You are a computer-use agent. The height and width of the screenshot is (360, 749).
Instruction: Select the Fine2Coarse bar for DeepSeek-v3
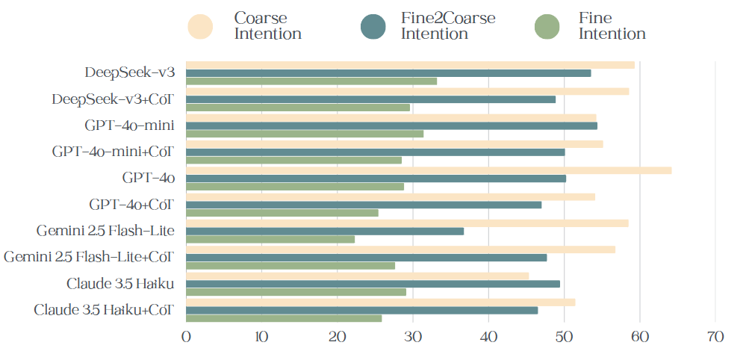388,73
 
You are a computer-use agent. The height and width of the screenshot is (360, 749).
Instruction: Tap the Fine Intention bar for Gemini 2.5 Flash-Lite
270,239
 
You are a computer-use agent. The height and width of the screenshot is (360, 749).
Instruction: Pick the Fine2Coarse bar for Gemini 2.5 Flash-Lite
325,231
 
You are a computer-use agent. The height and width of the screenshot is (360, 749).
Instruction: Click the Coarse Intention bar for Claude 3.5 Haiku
357,276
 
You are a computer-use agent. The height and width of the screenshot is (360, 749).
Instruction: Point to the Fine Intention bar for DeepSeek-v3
311,81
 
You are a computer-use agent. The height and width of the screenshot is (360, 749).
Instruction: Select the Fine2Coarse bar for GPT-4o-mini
391,125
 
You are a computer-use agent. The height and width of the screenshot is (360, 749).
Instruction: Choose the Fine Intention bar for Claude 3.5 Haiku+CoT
284,318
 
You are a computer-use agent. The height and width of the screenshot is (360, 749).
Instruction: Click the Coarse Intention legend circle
201,27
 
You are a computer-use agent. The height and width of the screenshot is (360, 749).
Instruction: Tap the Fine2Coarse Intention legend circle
373,27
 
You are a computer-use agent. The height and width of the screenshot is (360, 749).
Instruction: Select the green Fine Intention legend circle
548,27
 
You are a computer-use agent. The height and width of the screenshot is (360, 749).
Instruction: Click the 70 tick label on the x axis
715,338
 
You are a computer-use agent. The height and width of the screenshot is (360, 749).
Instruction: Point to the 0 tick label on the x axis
186,338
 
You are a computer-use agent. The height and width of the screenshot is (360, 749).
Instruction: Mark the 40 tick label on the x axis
488,338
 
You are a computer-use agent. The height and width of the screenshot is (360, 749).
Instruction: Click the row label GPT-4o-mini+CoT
113,152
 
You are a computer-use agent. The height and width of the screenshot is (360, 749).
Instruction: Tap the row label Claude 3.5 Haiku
120,284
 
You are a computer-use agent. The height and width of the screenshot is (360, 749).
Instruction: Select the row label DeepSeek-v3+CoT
113,99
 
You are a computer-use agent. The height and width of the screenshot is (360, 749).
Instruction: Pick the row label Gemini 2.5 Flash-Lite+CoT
89,258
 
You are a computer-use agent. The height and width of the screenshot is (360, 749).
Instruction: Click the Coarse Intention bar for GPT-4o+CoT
390,196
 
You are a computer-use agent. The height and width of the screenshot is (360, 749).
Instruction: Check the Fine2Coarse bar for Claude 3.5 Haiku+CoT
361,310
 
